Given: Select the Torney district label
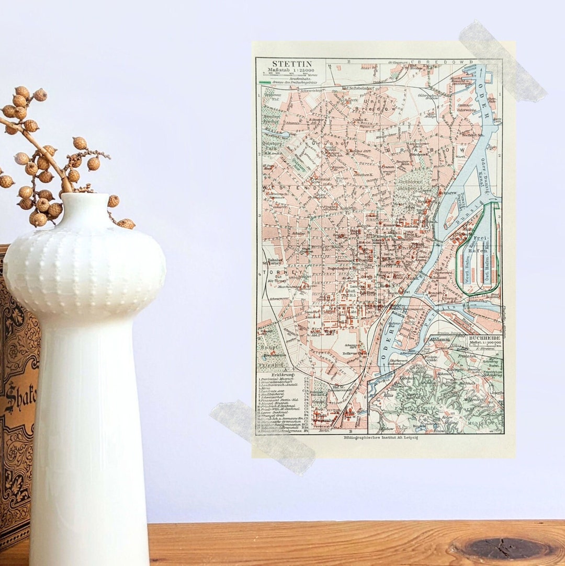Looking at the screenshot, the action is pyautogui.click(x=277, y=273).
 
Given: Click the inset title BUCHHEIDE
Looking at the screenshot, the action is pyautogui.click(x=484, y=339).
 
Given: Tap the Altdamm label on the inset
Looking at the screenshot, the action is pyautogui.click(x=439, y=340).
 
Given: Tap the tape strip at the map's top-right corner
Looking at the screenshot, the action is pyautogui.click(x=502, y=60).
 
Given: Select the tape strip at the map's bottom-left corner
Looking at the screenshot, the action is pyautogui.click(x=262, y=437).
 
